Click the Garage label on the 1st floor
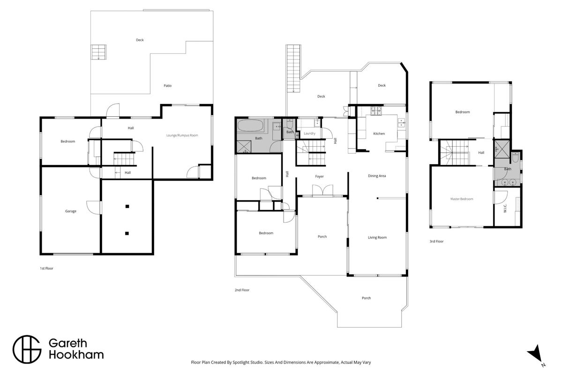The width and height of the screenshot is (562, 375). tap(71, 211)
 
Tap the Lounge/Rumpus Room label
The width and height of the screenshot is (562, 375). tap(182, 135)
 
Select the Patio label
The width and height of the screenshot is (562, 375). tap(167, 86)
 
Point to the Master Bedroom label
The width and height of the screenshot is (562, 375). tap(462, 199)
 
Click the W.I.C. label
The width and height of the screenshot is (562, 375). tap(505, 208)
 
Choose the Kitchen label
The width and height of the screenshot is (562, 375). tap(379, 134)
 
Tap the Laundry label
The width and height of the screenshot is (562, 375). tap(310, 134)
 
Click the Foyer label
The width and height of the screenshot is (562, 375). tap(319, 176)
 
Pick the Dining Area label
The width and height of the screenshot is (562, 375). tap(377, 176)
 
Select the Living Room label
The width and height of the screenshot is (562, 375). tap(377, 237)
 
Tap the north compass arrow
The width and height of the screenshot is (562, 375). tap(535, 353)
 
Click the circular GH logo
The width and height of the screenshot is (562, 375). tap(27, 349)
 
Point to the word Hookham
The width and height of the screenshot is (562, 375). tap(76, 355)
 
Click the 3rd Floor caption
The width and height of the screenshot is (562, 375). tap(436, 241)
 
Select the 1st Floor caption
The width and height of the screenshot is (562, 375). tap(46, 269)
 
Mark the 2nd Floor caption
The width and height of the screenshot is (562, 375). tap(242, 290)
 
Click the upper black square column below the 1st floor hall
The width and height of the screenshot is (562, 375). tap(127, 206)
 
